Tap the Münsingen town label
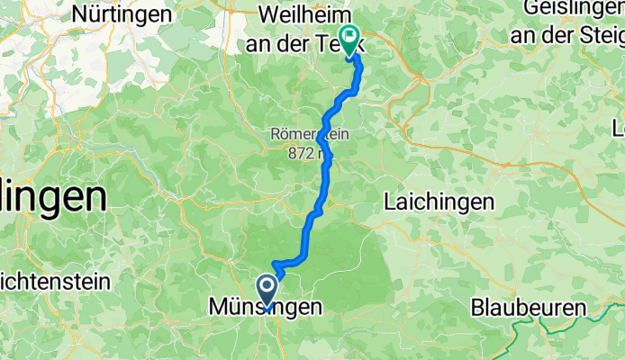click(x=265, y=308)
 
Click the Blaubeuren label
click(x=528, y=308)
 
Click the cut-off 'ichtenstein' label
click(x=54, y=281)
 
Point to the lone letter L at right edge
click(x=618, y=129)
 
